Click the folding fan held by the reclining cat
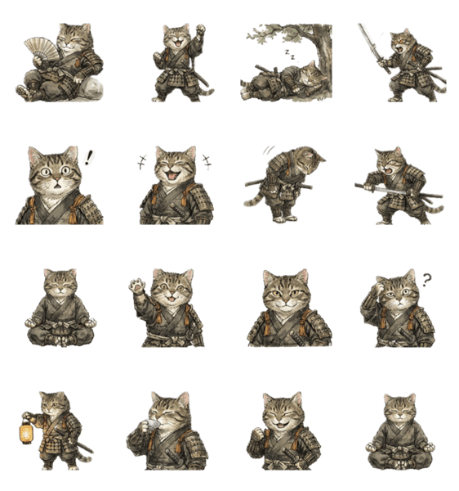tap(38, 45)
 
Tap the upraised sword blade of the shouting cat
tap(370, 40)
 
